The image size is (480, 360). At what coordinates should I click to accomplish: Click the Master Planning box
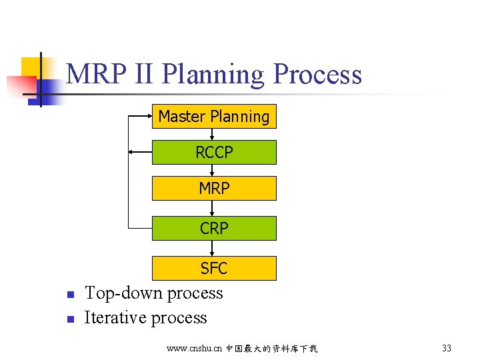pyautogui.click(x=214, y=117)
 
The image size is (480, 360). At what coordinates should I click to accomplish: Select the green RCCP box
pyautogui.click(x=214, y=153)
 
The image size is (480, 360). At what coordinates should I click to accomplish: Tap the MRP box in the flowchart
pyautogui.click(x=214, y=189)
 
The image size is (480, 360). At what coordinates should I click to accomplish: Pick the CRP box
pyautogui.click(x=214, y=228)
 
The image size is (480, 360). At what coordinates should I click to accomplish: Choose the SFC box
pyautogui.click(x=214, y=268)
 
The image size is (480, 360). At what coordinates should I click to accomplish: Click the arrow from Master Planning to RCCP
pyautogui.click(x=212, y=134)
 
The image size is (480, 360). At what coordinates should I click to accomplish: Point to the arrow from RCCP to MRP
pyautogui.click(x=212, y=170)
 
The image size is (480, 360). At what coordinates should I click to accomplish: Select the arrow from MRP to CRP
pyautogui.click(x=212, y=208)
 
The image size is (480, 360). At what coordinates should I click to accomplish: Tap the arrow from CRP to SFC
pyautogui.click(x=212, y=248)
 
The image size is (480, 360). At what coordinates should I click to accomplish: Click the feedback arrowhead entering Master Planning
pyautogui.click(x=149, y=116)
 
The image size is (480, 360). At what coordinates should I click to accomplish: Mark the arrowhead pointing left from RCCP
pyautogui.click(x=131, y=152)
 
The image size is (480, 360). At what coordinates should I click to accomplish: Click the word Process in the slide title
pyautogui.click(x=317, y=74)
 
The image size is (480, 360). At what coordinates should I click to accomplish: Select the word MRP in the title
pyautogui.click(x=93, y=74)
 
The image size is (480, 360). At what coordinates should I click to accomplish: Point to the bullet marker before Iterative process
pyautogui.click(x=69, y=319)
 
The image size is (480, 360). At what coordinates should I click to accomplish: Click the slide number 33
pyautogui.click(x=447, y=348)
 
